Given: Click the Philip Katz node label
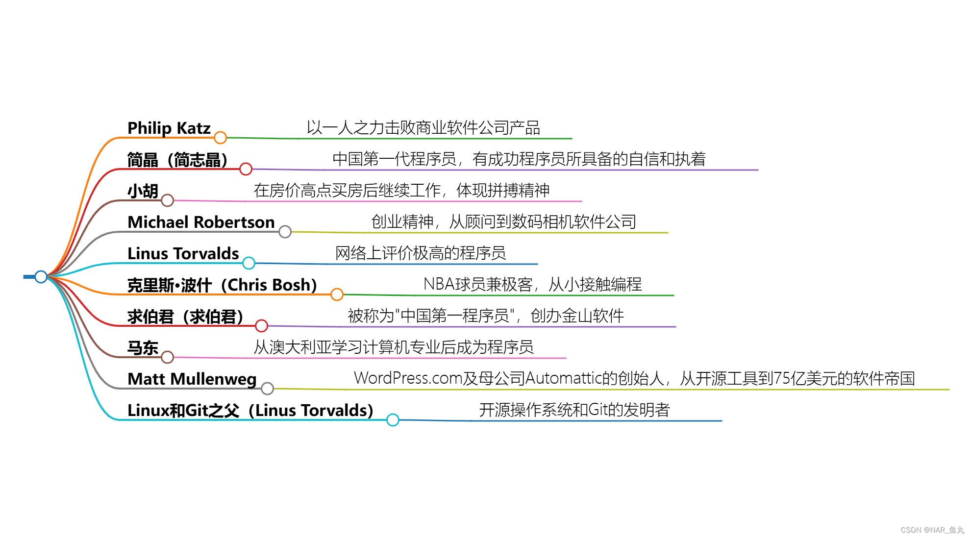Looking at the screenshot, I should (169, 128).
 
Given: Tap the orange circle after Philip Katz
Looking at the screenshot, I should (221, 138).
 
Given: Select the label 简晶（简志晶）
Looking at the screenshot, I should (177, 160).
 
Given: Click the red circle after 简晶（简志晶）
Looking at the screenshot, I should (246, 169).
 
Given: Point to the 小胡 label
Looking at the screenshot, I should (143, 191).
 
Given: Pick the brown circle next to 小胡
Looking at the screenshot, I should (168, 200).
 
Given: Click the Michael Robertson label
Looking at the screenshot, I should (201, 222).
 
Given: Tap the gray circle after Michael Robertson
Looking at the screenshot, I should (285, 232).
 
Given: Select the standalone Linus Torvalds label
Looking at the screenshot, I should (183, 254).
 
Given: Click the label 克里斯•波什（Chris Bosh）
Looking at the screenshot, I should (222, 285).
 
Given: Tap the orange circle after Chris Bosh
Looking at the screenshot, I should (337, 294).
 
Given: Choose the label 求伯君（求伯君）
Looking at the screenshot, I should (185, 317).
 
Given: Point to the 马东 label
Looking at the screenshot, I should (143, 348).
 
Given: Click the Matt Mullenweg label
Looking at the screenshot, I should (192, 379).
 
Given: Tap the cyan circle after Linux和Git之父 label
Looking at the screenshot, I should (393, 420).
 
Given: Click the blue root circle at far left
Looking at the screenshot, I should (41, 277).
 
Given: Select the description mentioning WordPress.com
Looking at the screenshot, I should (634, 378).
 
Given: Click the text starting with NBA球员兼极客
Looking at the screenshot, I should (532, 284).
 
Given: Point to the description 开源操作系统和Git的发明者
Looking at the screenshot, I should (574, 410).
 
